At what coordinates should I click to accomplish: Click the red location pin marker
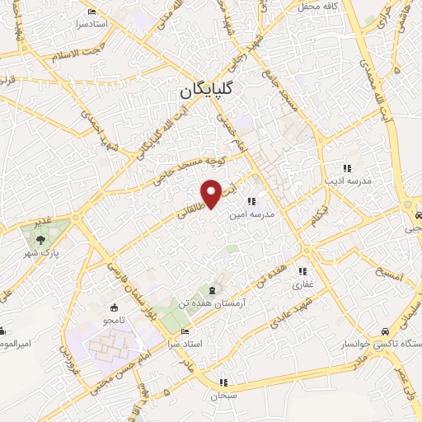point(212,194)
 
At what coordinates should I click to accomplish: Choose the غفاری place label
point(303,285)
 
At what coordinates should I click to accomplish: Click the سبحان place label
point(223,396)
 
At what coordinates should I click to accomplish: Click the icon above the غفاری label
point(303,271)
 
